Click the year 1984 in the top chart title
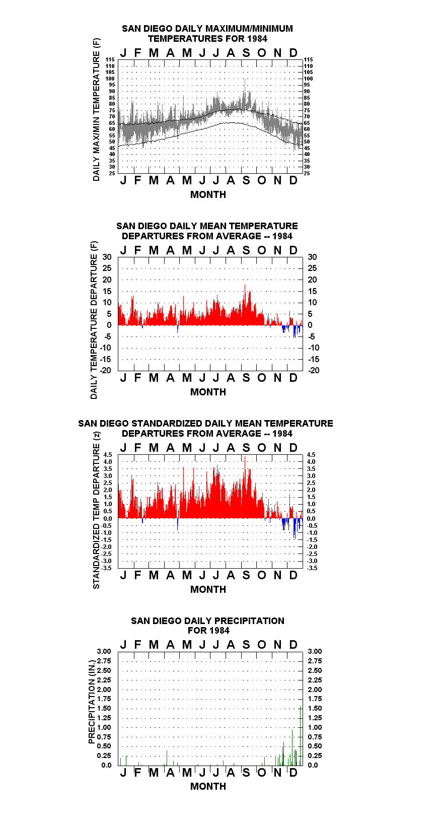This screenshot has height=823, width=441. (257, 39)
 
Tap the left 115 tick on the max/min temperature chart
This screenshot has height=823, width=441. (110, 59)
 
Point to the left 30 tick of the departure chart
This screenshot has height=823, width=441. (107, 257)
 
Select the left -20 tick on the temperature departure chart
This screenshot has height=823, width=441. (105, 370)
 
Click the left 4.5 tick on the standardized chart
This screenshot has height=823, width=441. (108, 455)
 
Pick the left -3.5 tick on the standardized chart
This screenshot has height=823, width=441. (107, 568)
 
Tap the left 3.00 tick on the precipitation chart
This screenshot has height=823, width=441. (104, 651)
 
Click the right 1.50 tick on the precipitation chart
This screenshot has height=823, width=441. (315, 708)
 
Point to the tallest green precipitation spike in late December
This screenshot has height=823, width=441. (301, 736)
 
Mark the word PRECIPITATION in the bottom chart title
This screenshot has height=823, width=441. (249, 621)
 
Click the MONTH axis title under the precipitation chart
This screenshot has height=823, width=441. (208, 786)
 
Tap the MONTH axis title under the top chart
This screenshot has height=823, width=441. (208, 195)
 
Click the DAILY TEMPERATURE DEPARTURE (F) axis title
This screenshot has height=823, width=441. (94, 320)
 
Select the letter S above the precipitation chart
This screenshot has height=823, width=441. (246, 645)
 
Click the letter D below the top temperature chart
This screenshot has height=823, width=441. (293, 180)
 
